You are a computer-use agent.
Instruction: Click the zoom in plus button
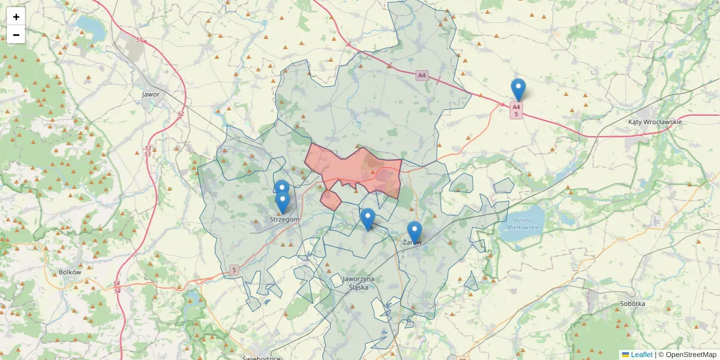tap(16, 17)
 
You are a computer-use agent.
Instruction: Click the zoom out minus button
tap(16, 35)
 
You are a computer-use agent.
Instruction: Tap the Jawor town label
tap(151, 94)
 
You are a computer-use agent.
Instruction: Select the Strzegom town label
tap(284, 220)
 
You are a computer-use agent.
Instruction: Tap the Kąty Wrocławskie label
tap(655, 122)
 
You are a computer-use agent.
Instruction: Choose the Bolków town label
tap(70, 272)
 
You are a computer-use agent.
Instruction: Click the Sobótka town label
tap(632, 304)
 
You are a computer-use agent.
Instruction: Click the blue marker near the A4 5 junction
tap(518, 90)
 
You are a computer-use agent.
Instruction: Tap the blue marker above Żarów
tap(415, 232)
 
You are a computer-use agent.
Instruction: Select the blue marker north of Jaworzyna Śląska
tap(368, 219)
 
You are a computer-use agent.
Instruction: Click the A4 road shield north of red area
tap(422, 75)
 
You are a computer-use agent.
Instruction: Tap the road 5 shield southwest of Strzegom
tap(234, 271)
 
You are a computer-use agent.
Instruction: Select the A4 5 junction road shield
tap(516, 110)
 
